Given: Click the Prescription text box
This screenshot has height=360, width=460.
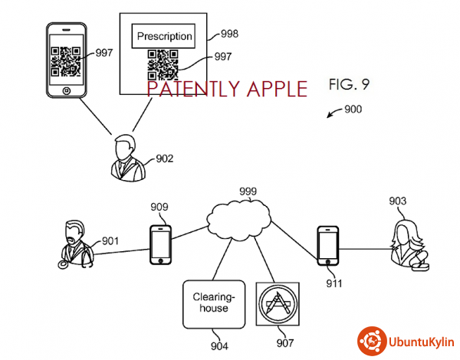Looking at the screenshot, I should (164, 36).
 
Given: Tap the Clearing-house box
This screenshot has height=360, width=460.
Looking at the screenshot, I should (210, 303).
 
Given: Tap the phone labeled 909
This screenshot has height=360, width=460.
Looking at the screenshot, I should (161, 244).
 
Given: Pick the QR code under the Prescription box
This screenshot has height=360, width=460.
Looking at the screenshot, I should (163, 65).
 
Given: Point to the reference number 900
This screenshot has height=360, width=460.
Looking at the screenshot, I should (353, 109).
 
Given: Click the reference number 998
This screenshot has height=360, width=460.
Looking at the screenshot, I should (228, 34).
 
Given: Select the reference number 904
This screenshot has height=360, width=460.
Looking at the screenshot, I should (219, 344).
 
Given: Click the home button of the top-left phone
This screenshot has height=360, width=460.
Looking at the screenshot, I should (67, 90).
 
